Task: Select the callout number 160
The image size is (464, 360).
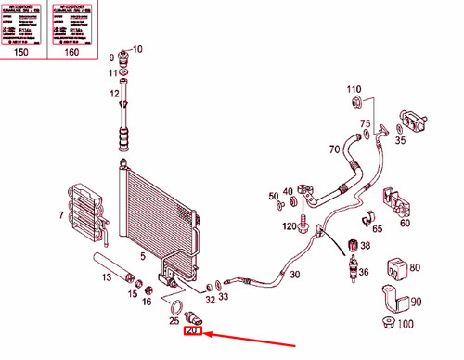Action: click(x=71, y=53)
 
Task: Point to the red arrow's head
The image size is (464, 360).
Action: click(x=207, y=332)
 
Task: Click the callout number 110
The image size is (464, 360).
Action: click(x=354, y=89)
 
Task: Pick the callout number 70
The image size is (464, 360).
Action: click(x=334, y=148)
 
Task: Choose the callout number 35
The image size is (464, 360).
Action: click(x=401, y=142)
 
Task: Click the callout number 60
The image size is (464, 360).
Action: click(x=405, y=223)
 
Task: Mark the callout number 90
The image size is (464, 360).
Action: click(x=415, y=302)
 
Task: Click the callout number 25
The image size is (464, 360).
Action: click(x=174, y=320)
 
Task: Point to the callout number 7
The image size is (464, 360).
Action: click(x=60, y=216)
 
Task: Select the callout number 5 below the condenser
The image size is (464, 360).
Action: click(x=142, y=256)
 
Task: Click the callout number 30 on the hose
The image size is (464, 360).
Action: click(x=294, y=275)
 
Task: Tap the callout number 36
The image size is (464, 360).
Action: click(x=365, y=271)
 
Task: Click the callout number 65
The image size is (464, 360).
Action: click(x=327, y=225)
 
